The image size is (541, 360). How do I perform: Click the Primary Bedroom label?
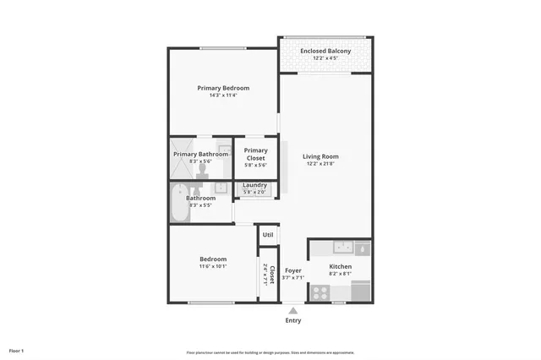223,88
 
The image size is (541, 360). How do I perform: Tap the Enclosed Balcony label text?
325,52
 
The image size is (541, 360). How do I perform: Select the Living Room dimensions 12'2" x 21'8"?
320,163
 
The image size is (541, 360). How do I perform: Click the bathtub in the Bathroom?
179,205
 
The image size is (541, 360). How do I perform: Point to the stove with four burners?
320,292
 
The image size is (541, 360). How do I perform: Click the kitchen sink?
343,248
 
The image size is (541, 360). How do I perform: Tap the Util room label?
268,235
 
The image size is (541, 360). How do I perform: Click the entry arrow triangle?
293,311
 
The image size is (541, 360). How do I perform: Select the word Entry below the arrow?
293,321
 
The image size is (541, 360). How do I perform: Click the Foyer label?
292,270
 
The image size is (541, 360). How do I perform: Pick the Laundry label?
255,185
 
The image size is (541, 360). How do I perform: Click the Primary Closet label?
255,155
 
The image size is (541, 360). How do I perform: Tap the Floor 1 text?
16,350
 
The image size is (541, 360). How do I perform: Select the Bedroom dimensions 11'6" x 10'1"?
213,267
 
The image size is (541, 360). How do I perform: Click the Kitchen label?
340,267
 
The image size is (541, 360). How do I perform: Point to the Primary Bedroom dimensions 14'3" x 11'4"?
223,95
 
